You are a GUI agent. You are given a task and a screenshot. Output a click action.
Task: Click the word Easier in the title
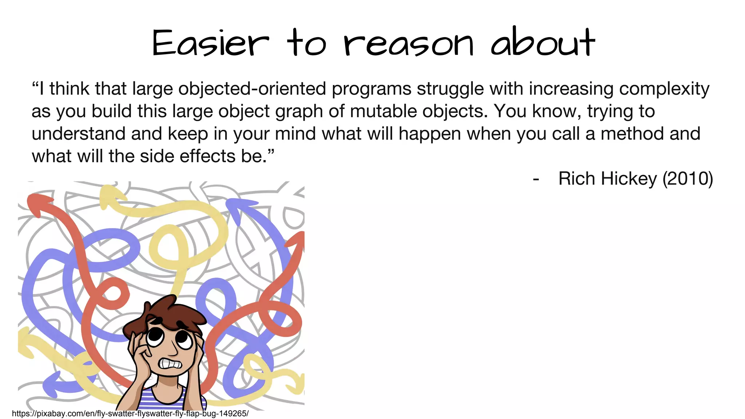tap(210, 43)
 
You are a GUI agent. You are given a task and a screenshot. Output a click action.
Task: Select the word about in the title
tap(542, 43)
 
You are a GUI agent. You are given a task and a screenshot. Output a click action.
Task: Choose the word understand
tap(78, 133)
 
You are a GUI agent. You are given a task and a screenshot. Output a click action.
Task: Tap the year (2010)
tap(688, 179)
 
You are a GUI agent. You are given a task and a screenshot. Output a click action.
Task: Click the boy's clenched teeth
tap(170, 364)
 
